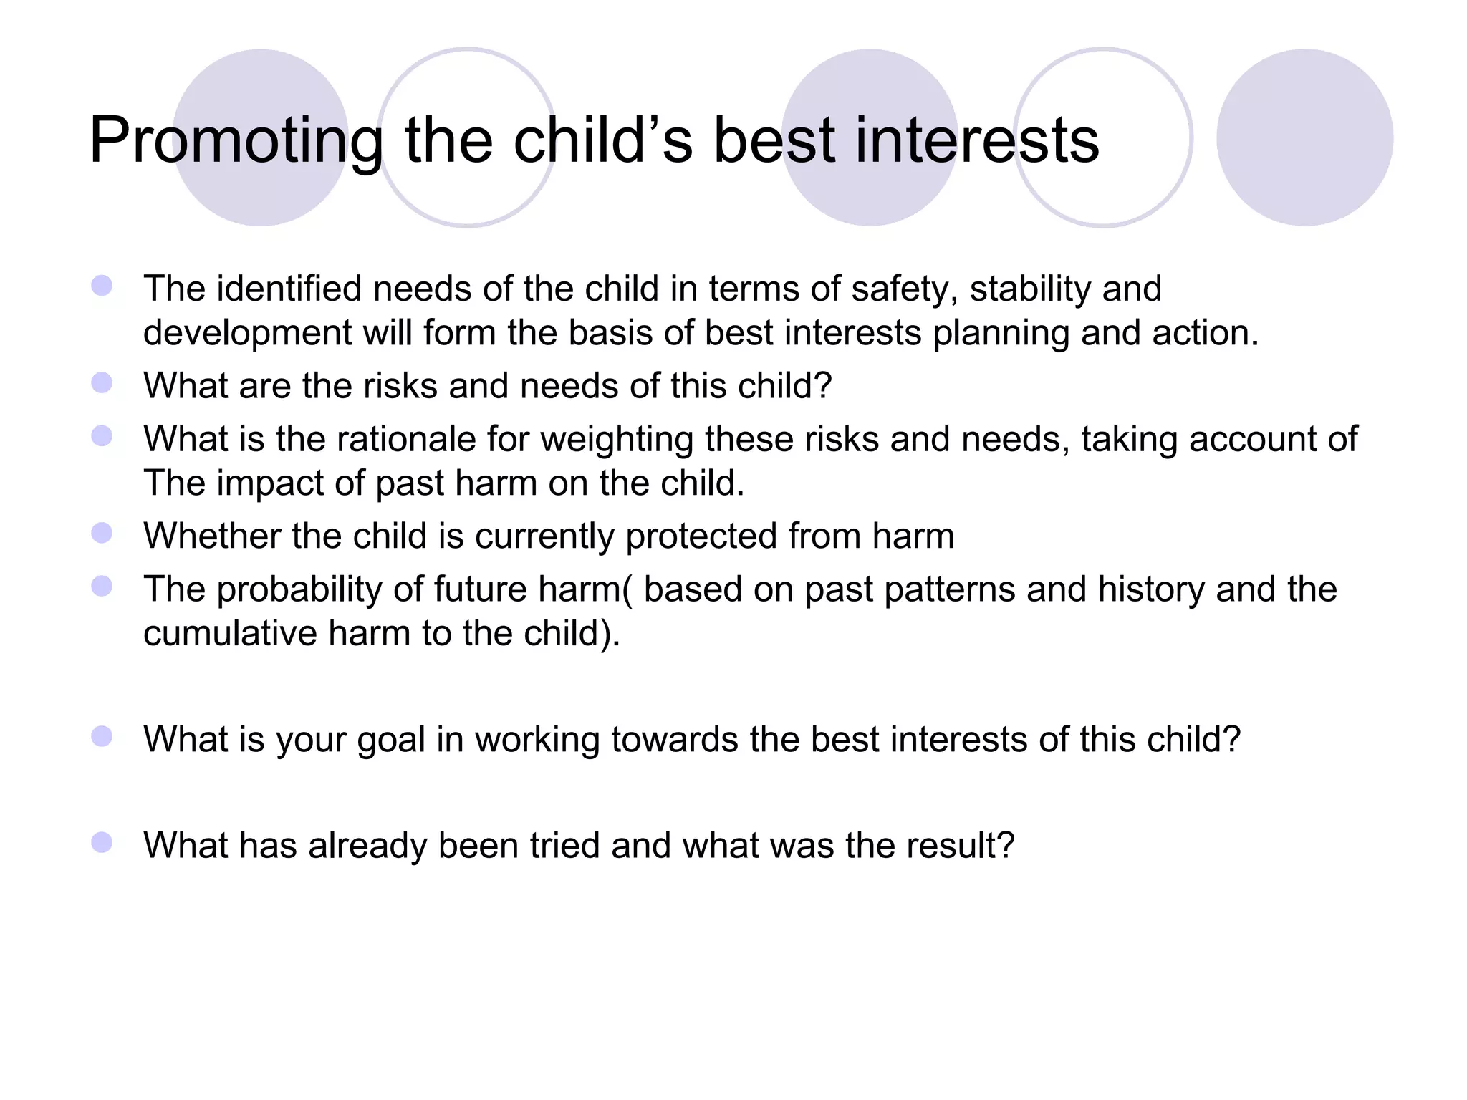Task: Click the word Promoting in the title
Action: coord(236,141)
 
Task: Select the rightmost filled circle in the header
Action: coord(1304,137)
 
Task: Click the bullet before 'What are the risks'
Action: coord(102,383)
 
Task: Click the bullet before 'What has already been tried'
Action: coord(102,843)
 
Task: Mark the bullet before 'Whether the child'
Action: coord(102,534)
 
